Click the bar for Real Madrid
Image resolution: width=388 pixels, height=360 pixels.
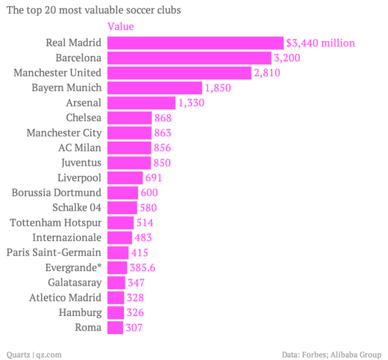tap(195, 43)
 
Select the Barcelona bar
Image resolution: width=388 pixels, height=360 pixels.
tap(189, 58)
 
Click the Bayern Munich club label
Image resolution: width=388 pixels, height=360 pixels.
tap(67, 88)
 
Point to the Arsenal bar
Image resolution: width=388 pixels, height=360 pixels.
tap(141, 103)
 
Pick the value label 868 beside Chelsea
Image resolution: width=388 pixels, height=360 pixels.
tap(163, 118)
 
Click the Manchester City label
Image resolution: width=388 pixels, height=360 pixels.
tap(64, 133)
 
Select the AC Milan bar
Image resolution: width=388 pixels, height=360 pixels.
tap(129, 148)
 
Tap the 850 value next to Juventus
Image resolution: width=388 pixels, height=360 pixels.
tap(162, 163)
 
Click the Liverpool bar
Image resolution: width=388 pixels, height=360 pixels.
tap(125, 178)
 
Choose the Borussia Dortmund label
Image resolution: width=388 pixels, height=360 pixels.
tap(56, 193)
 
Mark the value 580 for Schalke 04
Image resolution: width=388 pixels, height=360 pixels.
tap(148, 208)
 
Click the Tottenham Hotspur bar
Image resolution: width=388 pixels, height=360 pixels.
tap(120, 223)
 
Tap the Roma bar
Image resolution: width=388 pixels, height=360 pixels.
tap(115, 328)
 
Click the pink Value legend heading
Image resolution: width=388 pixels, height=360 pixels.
tap(120, 26)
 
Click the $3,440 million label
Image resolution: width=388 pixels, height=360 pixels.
tap(320, 43)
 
